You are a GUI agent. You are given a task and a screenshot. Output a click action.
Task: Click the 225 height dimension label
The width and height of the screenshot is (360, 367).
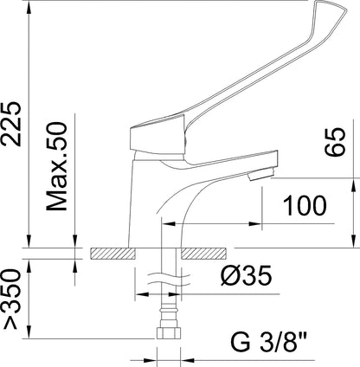[11, 124]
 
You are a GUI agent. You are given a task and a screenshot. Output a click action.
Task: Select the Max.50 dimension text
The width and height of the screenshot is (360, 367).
[57, 166]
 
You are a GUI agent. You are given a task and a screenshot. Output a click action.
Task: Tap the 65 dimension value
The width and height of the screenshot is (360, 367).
[335, 142]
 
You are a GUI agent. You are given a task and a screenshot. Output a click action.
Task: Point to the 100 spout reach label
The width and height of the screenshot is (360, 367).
[305, 206]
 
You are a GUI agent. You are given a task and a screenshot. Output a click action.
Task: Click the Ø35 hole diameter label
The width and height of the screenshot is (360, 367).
[247, 275]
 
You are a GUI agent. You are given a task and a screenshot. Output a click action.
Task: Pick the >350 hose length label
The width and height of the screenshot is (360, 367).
[12, 299]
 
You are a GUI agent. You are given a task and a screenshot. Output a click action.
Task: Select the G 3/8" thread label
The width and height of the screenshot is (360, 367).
[268, 342]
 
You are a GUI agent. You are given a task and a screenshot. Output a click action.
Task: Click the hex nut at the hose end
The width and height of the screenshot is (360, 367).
[169, 332]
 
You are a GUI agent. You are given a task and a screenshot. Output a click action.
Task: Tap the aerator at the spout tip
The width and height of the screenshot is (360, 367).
[260, 175]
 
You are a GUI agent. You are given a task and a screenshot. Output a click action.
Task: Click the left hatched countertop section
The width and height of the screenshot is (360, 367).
[112, 254]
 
